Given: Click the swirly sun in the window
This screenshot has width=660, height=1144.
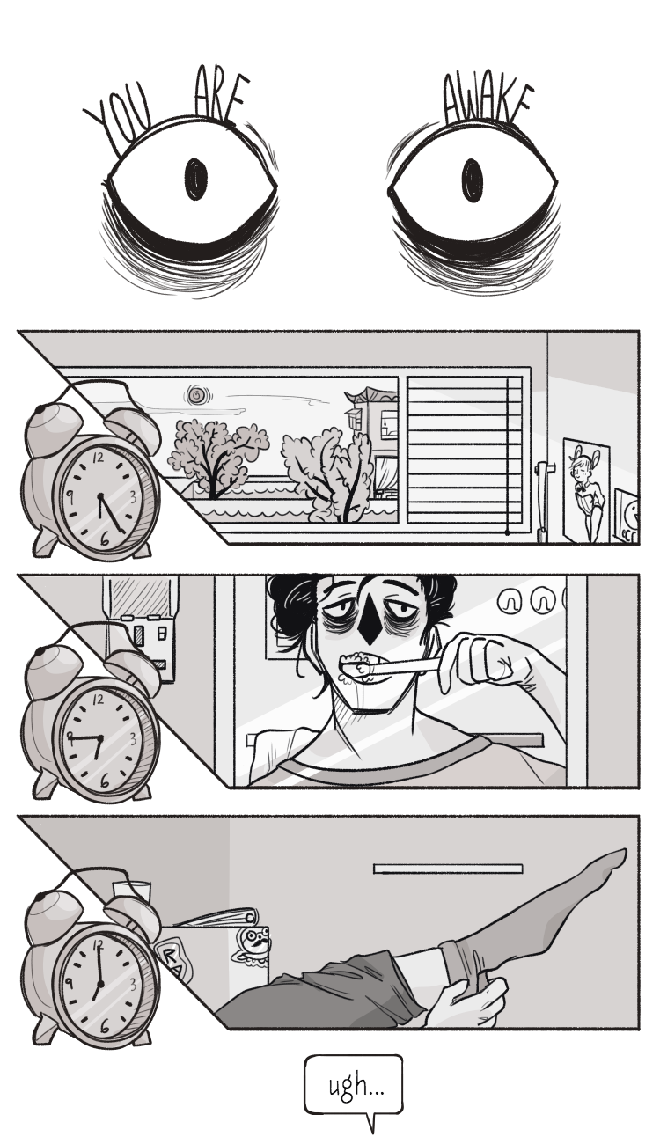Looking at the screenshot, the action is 196,395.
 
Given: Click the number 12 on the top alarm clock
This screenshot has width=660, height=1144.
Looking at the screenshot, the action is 98,458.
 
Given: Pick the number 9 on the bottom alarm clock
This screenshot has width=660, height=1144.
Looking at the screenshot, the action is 69,981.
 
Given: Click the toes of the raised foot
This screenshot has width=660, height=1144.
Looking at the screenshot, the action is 614,860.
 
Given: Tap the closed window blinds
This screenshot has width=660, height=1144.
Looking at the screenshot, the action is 465,450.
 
